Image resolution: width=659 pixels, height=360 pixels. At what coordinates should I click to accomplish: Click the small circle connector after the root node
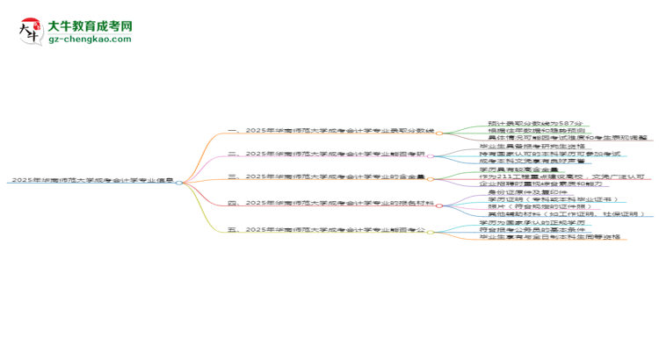179,182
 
